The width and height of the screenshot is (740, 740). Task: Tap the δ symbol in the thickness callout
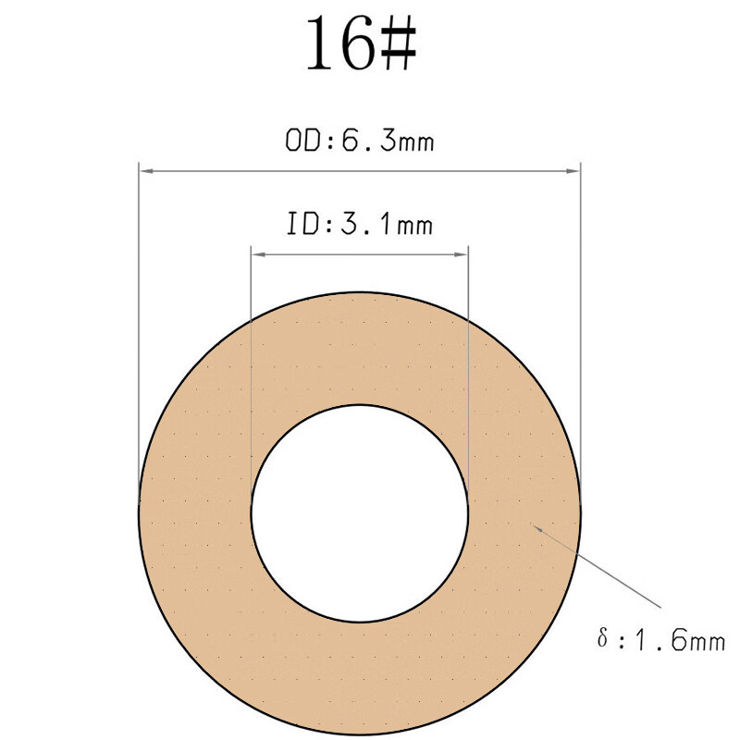(602, 637)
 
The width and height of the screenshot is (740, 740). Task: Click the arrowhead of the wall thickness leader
(535, 526)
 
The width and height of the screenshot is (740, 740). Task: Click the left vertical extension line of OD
(139, 324)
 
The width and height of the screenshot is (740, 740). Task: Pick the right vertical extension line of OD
(580, 324)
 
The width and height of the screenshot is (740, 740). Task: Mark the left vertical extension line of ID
(252, 370)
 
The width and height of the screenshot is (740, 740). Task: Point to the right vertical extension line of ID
(468, 370)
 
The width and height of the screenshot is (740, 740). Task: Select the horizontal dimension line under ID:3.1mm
(360, 253)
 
